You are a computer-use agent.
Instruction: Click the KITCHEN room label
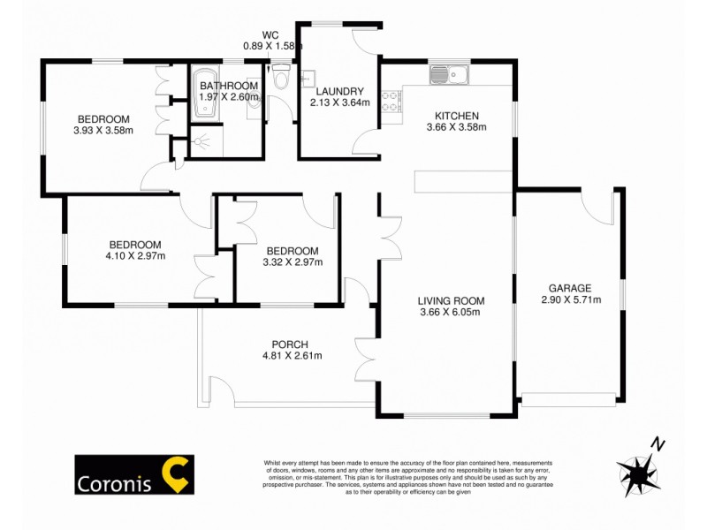click(456, 116)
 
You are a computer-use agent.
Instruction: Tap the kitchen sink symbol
click(451, 73)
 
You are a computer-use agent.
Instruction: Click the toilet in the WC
click(282, 79)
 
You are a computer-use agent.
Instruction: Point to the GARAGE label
click(570, 288)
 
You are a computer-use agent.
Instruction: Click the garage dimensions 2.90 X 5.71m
click(570, 299)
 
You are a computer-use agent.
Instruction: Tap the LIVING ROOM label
click(452, 300)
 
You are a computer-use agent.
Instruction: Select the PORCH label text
click(291, 344)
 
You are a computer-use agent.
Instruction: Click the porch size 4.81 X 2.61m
click(291, 356)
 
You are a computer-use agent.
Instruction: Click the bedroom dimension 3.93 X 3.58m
click(103, 131)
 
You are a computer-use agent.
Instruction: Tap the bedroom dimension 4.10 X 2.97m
click(136, 256)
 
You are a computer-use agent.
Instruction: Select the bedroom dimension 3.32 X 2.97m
click(293, 261)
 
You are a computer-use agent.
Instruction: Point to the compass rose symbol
click(638, 468)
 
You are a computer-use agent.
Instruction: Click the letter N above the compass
click(656, 443)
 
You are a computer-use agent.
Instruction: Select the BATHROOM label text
click(228, 86)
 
